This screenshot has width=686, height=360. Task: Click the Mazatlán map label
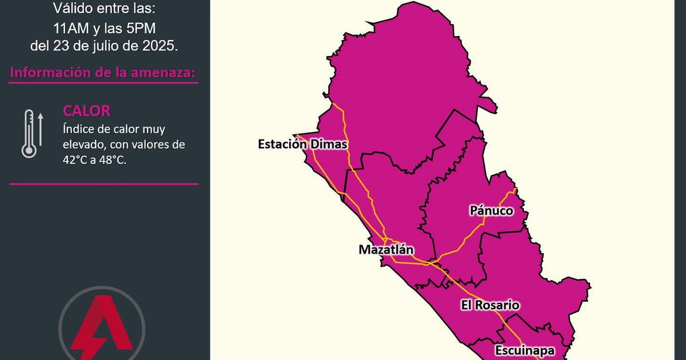(x=386, y=250)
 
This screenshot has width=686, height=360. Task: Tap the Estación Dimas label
(x=302, y=144)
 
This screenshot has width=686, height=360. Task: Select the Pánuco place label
(x=491, y=211)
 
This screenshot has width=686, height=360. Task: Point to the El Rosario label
(x=490, y=305)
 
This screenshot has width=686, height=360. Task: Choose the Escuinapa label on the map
(x=524, y=350)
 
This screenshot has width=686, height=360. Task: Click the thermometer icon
(x=29, y=134)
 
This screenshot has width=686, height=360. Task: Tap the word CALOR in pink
(x=86, y=111)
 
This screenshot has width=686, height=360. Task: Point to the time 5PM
(x=140, y=27)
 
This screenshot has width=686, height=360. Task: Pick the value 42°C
(x=78, y=161)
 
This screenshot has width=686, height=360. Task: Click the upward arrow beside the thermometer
(x=41, y=128)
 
